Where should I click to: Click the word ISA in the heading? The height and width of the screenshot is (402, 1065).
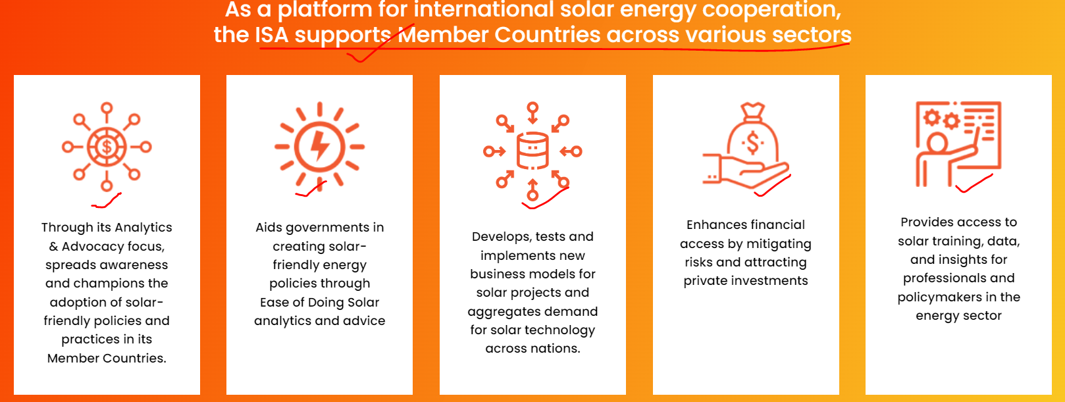tap(271, 35)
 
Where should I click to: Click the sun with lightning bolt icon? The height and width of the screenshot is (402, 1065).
tap(319, 146)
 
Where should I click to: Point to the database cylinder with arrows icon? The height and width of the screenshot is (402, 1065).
tap(532, 151)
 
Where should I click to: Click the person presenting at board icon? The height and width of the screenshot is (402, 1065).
tap(958, 143)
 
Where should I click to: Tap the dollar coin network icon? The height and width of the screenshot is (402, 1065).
tap(107, 147)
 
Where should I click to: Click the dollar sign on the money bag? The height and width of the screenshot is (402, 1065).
tap(752, 143)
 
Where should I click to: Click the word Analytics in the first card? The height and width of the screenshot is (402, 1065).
tap(143, 228)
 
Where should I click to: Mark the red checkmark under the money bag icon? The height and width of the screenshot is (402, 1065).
tap(773, 186)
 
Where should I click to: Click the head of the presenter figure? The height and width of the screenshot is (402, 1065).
tap(937, 143)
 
